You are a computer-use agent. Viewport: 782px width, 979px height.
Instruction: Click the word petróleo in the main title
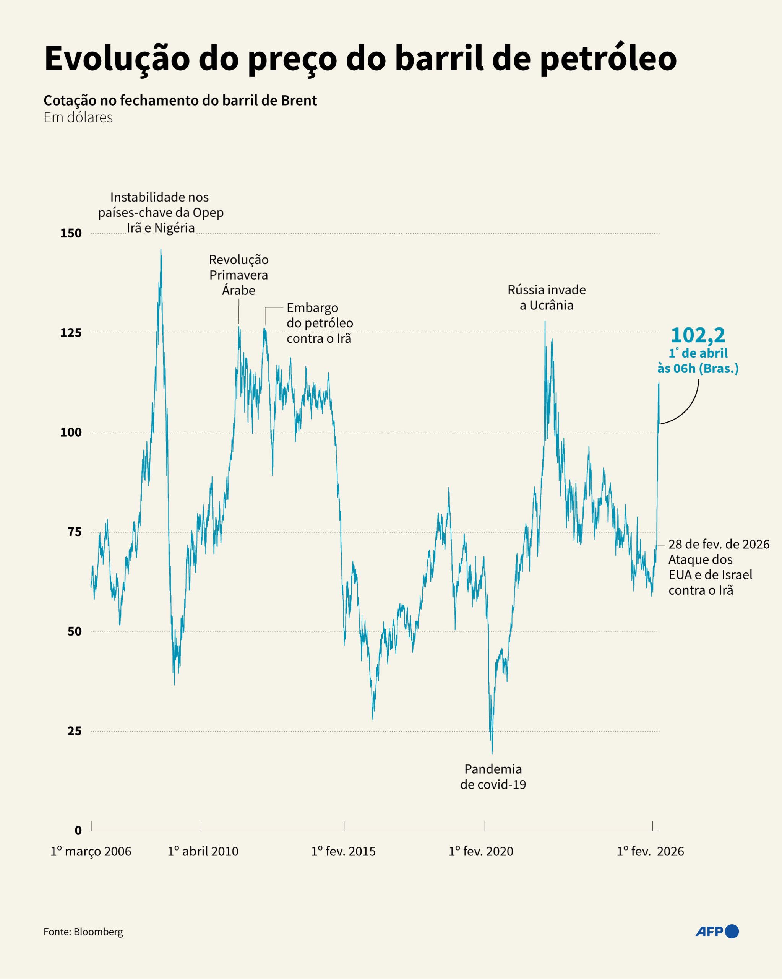click(x=608, y=59)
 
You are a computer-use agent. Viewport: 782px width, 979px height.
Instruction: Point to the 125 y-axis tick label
click(x=71, y=333)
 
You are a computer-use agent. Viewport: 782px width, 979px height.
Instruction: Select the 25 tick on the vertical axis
click(x=75, y=731)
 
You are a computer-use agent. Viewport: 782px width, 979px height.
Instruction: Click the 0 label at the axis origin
click(x=78, y=831)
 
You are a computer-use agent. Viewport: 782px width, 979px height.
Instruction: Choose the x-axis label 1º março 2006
click(x=91, y=851)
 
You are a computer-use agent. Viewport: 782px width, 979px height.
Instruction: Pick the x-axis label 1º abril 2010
click(x=203, y=851)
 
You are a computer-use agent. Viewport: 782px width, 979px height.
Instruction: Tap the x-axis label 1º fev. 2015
click(x=343, y=851)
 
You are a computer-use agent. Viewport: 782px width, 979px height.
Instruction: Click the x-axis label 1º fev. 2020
click(x=481, y=851)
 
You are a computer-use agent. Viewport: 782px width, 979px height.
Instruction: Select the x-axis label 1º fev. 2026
click(x=650, y=851)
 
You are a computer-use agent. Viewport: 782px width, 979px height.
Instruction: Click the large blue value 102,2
click(x=698, y=335)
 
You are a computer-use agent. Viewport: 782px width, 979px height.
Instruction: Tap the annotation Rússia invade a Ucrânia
click(x=547, y=298)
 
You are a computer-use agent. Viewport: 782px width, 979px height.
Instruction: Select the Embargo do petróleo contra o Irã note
click(x=320, y=323)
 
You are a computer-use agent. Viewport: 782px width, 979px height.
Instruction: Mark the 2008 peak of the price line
click(x=161, y=250)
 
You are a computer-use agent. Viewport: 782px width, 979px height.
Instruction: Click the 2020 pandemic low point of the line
click(x=492, y=753)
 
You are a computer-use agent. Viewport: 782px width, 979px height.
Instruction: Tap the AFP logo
click(x=717, y=932)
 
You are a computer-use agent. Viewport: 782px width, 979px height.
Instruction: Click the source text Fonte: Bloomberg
click(x=83, y=932)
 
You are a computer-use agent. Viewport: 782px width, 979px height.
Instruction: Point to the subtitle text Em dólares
click(x=78, y=118)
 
